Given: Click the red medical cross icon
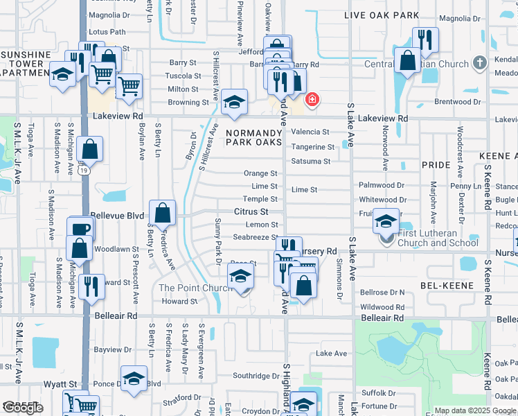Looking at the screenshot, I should [312, 100].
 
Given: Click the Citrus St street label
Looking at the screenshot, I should [250, 211].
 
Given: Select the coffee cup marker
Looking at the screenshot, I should [81, 229].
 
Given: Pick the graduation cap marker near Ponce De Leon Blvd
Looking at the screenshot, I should [134, 379].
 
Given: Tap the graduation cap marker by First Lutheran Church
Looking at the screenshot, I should [386, 222].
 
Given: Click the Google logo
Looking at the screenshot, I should [23, 408].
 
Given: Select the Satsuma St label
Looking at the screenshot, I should [311, 162].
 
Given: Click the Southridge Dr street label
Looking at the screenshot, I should [256, 376].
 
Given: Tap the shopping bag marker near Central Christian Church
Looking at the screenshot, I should [408, 60].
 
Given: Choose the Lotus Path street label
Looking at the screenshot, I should [107, 32].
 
